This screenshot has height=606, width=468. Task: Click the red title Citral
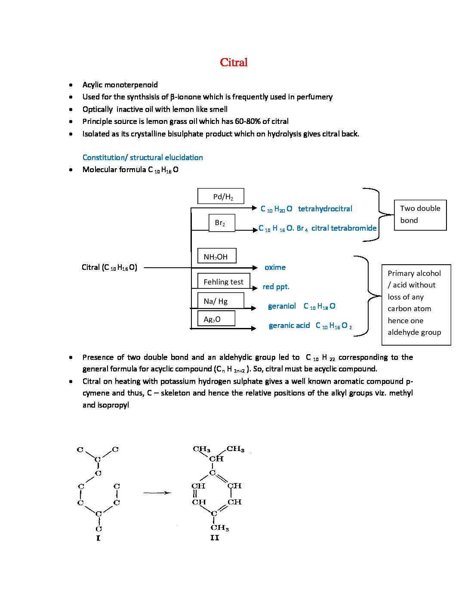pos(234,62)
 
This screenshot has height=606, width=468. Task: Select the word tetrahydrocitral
pos(325,209)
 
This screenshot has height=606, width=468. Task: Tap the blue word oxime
pos(275,267)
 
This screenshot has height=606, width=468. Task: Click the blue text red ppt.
pos(276,287)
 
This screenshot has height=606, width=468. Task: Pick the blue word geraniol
pos(282,306)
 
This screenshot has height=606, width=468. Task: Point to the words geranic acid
pos(289,325)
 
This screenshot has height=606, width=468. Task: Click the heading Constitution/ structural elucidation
pos(143,158)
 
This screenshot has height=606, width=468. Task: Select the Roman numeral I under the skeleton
pos(98,538)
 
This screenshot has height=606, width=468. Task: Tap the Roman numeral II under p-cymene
pos(215,538)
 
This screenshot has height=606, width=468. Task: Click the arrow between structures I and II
pos(157,493)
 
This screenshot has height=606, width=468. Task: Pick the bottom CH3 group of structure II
pos(220,527)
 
